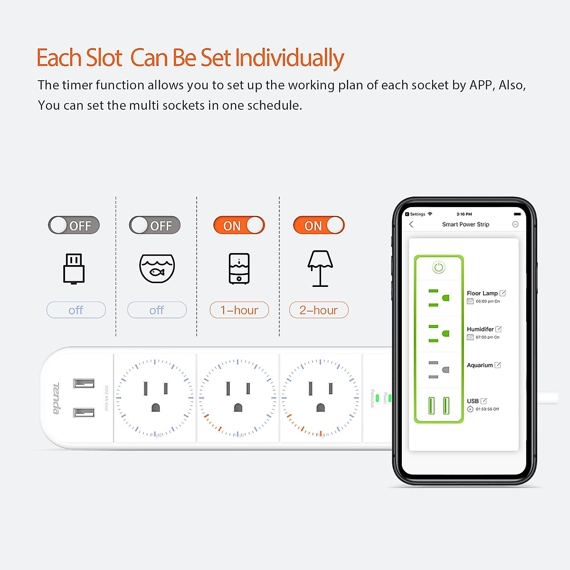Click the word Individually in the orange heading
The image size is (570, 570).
tap(289, 58)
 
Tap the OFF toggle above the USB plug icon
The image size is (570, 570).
tap(74, 225)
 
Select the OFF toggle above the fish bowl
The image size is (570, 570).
tap(155, 225)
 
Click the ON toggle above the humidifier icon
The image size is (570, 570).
tap(239, 225)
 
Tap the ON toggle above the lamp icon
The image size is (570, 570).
tap(319, 225)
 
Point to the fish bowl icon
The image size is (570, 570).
tap(157, 268)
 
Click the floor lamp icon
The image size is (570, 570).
tap(320, 268)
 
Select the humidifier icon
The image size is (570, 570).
tap(239, 268)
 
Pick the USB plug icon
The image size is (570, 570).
tap(74, 268)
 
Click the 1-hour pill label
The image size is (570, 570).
tap(239, 310)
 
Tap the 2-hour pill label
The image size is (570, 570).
tap(319, 310)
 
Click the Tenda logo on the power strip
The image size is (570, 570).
tap(56, 398)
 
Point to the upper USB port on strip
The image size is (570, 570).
tap(84, 383)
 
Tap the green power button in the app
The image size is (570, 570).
tap(438, 267)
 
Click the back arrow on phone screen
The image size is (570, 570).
tap(411, 224)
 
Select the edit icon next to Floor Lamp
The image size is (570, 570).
tap(503, 293)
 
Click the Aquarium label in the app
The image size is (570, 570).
tap(480, 365)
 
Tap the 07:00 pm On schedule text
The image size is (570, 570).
tap(487, 337)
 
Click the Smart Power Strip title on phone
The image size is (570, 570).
tap(465, 224)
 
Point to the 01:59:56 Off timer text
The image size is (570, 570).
tap(487, 409)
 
